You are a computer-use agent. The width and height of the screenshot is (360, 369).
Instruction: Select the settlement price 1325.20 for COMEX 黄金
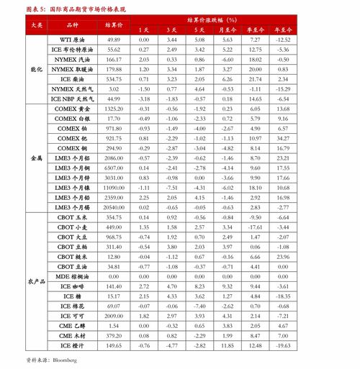click(113, 107)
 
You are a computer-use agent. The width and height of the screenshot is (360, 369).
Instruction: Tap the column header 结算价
click(113, 24)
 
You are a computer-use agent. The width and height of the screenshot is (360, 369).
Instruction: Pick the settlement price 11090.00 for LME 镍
click(113, 186)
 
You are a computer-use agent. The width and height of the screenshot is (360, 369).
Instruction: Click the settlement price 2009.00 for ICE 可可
click(113, 315)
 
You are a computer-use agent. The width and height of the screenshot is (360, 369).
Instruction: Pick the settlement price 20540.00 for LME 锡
click(113, 206)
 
